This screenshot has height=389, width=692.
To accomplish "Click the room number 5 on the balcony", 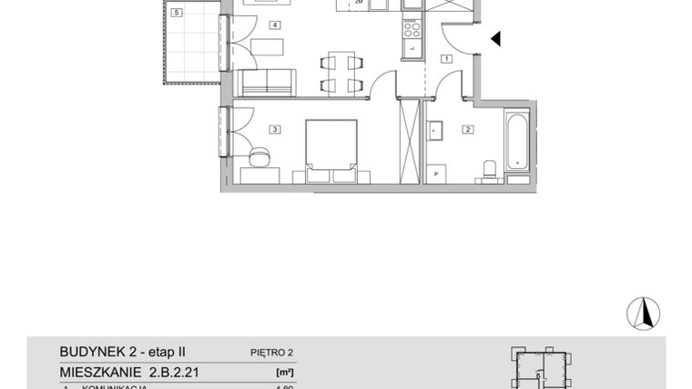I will pos(176,13).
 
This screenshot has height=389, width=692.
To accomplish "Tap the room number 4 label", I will pos(273,25).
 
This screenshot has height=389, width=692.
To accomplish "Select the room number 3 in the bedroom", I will pos(273,130).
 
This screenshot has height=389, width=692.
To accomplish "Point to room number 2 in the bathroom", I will pos(468,130).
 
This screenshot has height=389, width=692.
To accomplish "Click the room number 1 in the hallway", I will pos(446,58).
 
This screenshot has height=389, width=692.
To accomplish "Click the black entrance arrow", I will pos(496,38).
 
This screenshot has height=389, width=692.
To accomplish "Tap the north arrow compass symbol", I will pos(642,313).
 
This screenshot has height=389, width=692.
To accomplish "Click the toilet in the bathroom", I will pos(488,169).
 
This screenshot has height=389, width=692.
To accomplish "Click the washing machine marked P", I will pos(437,174).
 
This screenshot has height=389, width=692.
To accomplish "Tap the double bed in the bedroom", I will pos(330,145).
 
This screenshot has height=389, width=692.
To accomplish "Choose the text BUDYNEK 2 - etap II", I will pos(122,352).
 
